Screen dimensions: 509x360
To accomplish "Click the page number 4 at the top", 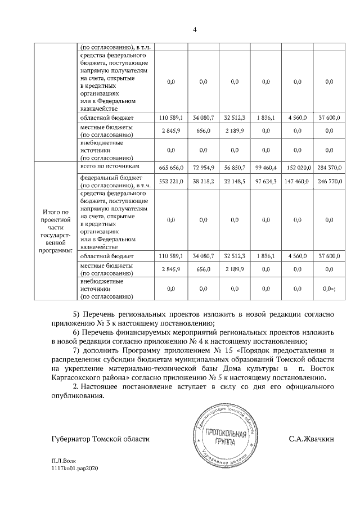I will [x=179, y=29].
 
